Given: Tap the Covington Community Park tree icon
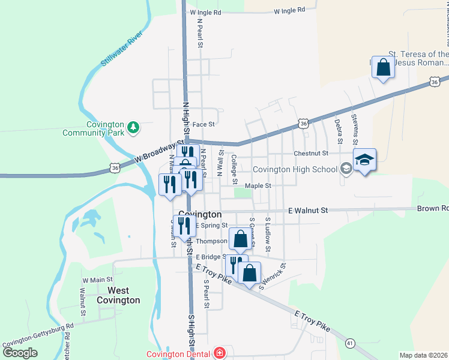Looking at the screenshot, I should coord(134,127).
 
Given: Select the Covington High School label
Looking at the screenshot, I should coord(295,169).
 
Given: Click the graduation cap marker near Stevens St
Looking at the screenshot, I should coord(364,160).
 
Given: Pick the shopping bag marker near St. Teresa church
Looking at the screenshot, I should coord(382,68).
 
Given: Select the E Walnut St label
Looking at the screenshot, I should coord(308,211).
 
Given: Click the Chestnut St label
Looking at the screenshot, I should coord(311,154).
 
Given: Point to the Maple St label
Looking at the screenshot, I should coord(258,186).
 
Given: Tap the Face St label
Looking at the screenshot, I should coord(203,124).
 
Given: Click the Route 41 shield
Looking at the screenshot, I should coord(349,343).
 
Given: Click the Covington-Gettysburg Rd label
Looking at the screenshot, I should coord(37,335).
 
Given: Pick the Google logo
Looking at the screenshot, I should coord(20,352).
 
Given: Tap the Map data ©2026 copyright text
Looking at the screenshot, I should coord(423,355).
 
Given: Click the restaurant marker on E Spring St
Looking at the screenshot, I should coord(184,226).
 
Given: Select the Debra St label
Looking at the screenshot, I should coord(339,131).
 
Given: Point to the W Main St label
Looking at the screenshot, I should coord(98,280).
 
